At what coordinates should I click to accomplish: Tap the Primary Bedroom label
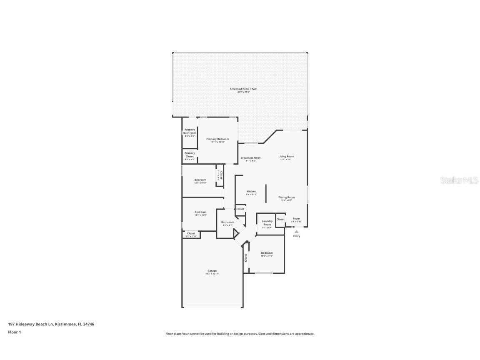[217, 139]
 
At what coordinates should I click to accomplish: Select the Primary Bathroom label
[190, 131]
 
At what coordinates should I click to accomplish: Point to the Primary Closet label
[190, 155]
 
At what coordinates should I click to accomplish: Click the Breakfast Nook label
[250, 158]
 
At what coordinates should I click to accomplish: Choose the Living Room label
[286, 157]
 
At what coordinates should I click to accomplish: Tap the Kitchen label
[251, 192]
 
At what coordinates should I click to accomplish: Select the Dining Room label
[287, 197]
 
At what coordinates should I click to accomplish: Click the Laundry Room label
[267, 223]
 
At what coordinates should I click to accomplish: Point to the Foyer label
[296, 219]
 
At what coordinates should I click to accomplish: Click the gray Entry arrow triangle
[297, 232]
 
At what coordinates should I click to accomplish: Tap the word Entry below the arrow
[297, 236]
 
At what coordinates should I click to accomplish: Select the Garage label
[212, 271]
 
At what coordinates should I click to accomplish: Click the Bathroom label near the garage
[227, 222]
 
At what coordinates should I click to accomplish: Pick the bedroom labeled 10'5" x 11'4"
[267, 253]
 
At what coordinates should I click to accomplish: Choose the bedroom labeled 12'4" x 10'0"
[200, 212]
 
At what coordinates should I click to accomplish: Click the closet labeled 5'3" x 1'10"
[191, 234]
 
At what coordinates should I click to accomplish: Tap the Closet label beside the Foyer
[280, 219]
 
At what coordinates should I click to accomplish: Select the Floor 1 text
[14, 332]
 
